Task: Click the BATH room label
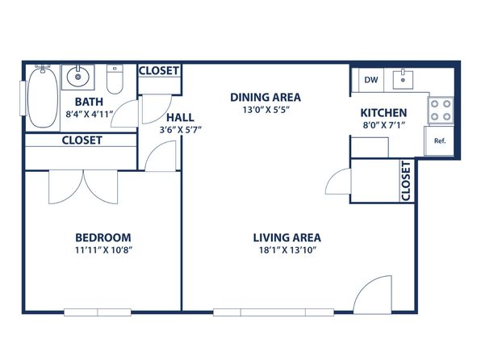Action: point(89,102)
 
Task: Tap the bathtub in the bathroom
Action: point(43,98)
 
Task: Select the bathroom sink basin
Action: point(78,77)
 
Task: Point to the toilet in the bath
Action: point(115,79)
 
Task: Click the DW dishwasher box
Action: point(371,80)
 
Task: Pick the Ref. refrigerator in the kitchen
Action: point(439,141)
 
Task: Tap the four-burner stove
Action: point(441,110)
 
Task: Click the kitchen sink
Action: point(403,79)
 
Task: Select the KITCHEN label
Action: point(383,113)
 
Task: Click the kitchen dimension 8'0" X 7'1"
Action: point(384,125)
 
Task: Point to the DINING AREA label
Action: point(266,98)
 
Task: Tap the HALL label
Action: point(180,117)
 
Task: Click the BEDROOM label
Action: point(103,237)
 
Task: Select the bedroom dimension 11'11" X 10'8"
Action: point(103,250)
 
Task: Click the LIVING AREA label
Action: point(287,237)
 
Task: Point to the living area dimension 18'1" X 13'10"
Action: point(288,250)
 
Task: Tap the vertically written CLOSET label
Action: point(405,181)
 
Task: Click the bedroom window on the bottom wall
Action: point(98,312)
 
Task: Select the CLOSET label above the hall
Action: point(159,71)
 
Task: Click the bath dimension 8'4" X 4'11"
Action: point(90,114)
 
